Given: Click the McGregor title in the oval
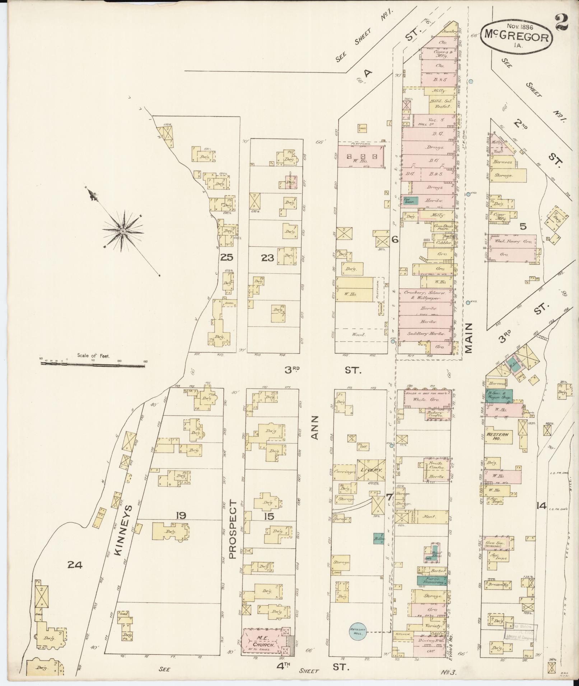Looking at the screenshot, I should (517, 37).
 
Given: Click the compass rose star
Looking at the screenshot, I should (123, 232).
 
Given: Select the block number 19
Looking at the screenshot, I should (181, 516).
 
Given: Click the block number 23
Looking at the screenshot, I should (267, 257).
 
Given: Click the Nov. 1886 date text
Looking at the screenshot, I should (519, 26).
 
